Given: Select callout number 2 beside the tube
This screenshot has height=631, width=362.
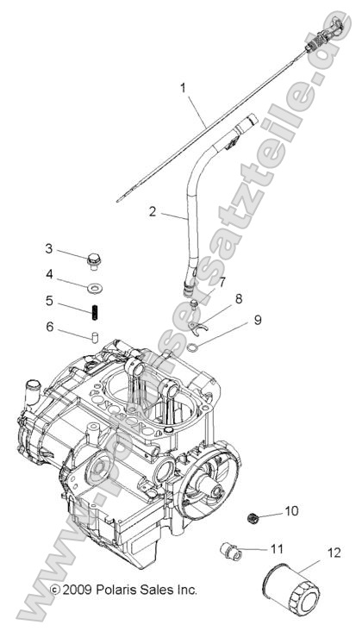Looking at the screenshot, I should [x=153, y=210].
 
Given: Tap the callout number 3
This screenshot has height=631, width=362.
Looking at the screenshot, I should [x=49, y=248].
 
